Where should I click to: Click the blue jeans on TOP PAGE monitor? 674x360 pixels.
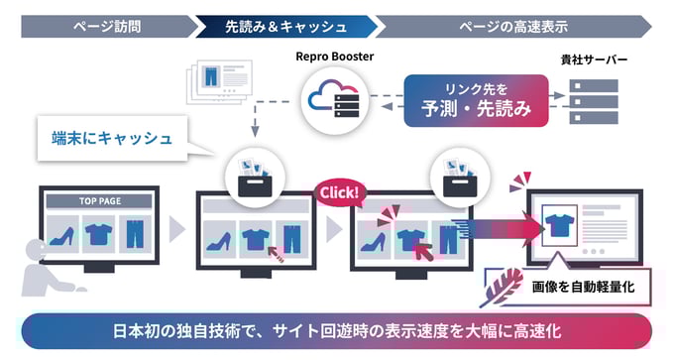[x=134, y=233]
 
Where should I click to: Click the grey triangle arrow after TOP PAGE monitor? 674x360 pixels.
[x=176, y=229]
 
